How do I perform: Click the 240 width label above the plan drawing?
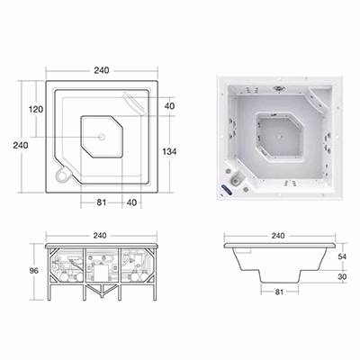[102, 70]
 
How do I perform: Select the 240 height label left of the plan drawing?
[21, 145]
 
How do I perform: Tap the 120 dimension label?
[36, 109]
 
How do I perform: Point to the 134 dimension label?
[169, 151]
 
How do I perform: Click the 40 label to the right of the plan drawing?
[169, 106]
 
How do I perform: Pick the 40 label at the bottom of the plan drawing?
[131, 202]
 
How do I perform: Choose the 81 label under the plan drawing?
[102, 202]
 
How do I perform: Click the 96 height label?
[34, 271]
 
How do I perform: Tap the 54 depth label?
[342, 256]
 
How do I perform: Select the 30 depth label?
[342, 276]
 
